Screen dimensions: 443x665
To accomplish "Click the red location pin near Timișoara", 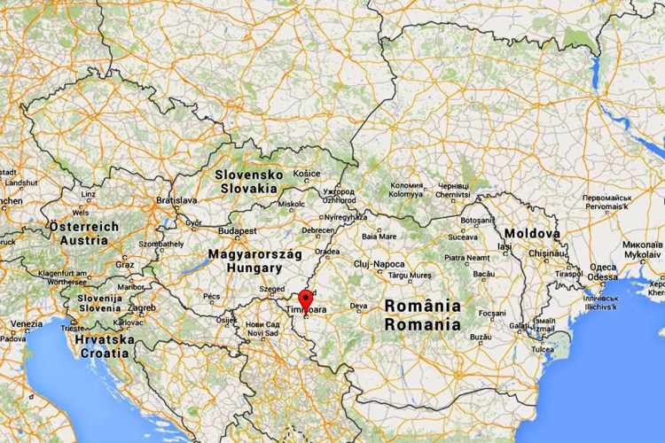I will point(306,299).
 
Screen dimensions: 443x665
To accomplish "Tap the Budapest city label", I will point(239,230).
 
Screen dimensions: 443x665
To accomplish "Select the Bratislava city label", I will point(176,201).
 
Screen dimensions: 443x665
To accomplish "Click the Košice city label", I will point(307,174).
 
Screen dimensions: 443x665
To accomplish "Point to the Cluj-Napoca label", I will point(379,264).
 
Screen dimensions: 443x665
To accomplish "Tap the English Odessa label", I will point(603,276).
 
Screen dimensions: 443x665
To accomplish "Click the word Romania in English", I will point(423,323).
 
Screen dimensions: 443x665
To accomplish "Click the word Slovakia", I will point(248,188).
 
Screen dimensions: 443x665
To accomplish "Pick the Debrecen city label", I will point(318,230).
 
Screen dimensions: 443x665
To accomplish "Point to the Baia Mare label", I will point(379,237).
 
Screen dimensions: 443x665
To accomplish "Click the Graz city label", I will point(124,264).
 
